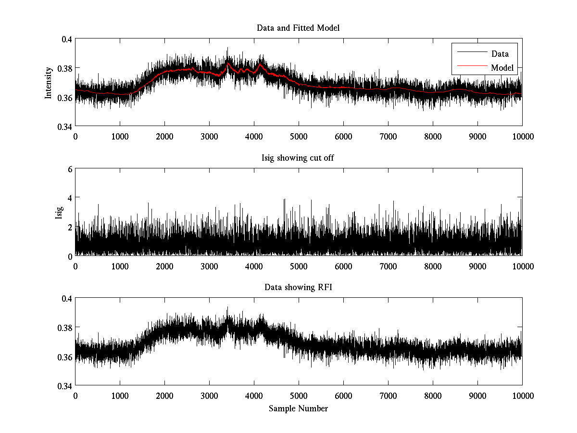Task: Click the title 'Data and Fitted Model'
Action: click(x=298, y=28)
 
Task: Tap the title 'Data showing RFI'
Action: click(x=298, y=287)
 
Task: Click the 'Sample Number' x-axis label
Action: click(x=298, y=408)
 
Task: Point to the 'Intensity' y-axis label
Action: click(x=48, y=83)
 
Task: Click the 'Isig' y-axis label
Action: click(x=59, y=212)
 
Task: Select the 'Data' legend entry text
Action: click(x=500, y=54)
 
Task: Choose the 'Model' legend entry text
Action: click(x=502, y=68)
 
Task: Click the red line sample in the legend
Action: click(x=471, y=67)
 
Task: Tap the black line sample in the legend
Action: click(x=471, y=53)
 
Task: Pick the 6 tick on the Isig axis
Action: click(x=70, y=169)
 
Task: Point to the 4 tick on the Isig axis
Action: click(x=70, y=198)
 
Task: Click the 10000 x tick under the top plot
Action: click(x=522, y=137)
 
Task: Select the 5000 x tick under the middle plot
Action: click(x=299, y=266)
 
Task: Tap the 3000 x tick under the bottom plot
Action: click(x=209, y=396)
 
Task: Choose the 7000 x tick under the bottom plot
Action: click(x=388, y=396)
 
